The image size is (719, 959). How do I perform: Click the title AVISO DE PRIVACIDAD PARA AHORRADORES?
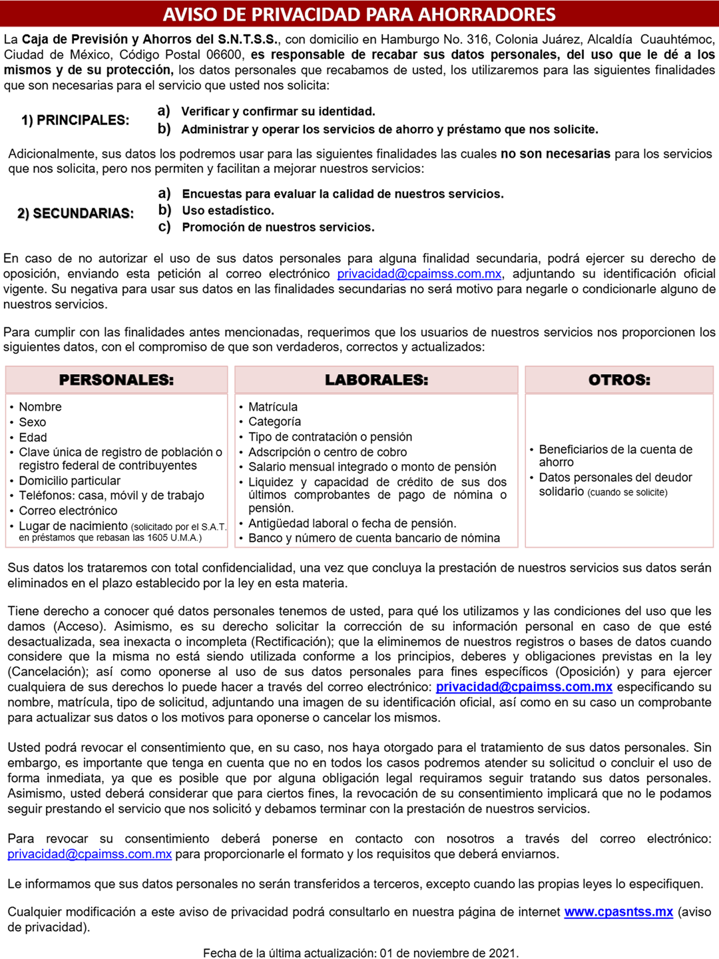[x=359, y=14]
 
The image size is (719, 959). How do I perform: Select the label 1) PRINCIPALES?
[x=75, y=120]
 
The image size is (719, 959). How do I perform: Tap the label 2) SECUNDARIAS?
[x=75, y=214]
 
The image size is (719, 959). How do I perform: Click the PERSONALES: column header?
[x=117, y=380]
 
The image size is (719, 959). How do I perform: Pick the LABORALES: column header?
[x=377, y=380]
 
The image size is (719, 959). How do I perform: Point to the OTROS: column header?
[x=619, y=380]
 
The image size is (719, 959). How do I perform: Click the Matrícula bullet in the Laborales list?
[x=273, y=407]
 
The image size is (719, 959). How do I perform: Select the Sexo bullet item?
[x=33, y=422]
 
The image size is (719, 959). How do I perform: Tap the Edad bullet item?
[x=33, y=437]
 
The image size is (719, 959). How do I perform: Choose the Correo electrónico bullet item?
[x=68, y=510]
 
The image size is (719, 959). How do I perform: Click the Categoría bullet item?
[x=274, y=421]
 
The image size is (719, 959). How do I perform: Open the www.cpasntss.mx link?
[x=618, y=912]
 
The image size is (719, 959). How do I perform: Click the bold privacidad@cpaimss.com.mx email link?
[x=524, y=687]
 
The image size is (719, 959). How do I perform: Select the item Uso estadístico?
[x=228, y=211]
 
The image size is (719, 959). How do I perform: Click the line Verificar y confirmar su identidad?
[x=278, y=112]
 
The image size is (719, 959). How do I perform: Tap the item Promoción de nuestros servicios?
[x=278, y=228]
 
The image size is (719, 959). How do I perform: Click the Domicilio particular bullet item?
[x=70, y=480]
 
